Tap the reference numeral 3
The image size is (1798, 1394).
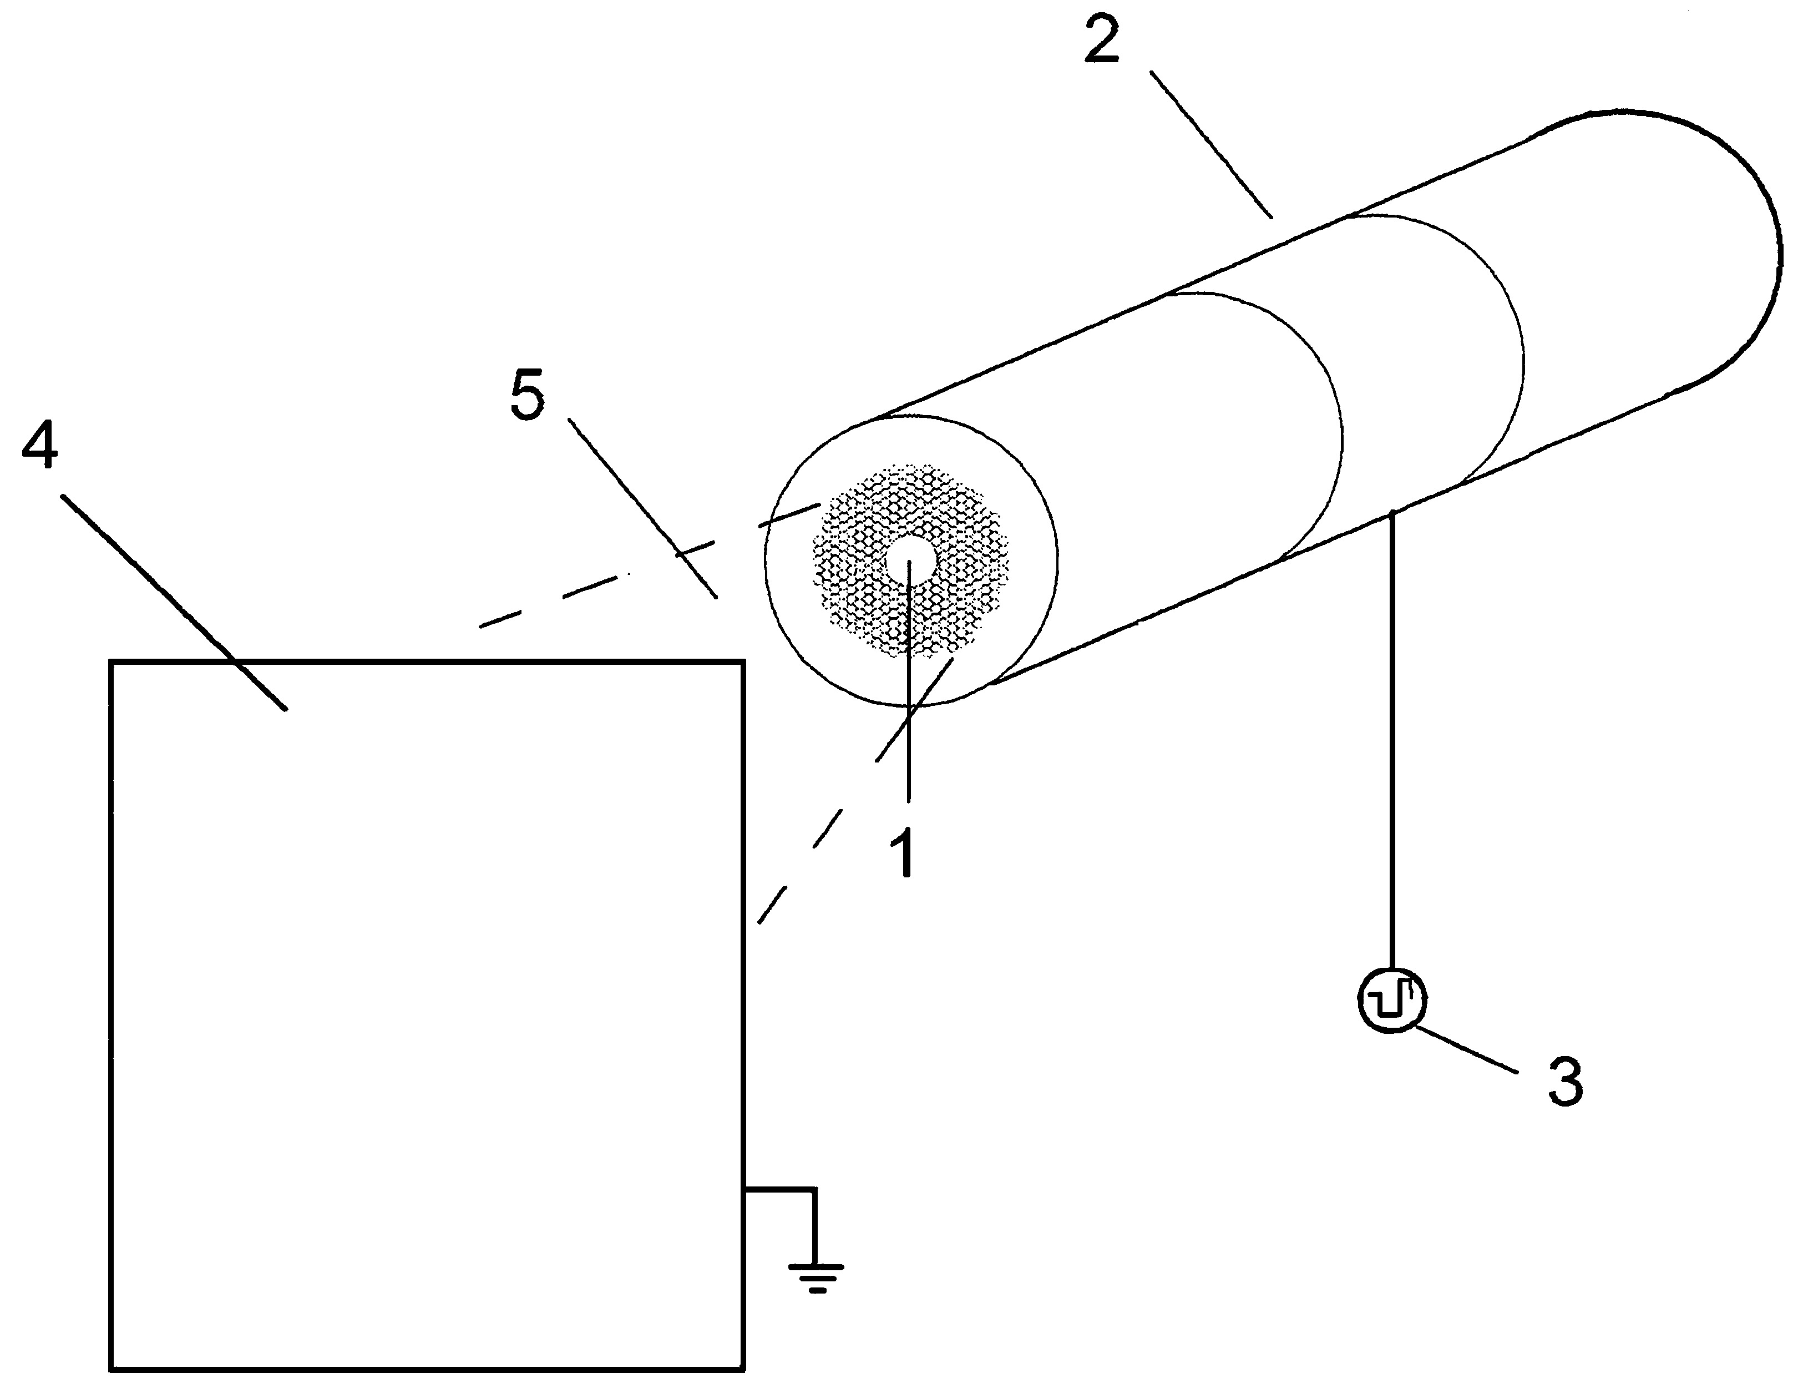(x=1565, y=1081)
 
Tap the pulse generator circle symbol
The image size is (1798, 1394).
(x=1391, y=999)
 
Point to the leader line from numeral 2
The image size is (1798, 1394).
(x=1211, y=145)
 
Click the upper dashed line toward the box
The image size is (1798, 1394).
(x=650, y=564)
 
